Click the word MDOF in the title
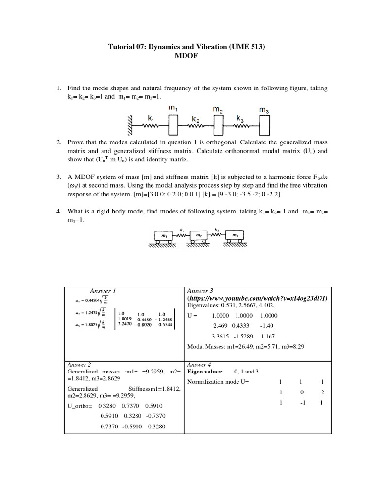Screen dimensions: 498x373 click(186, 56)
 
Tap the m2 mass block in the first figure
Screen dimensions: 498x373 click(218, 125)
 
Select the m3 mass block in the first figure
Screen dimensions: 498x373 click(264, 125)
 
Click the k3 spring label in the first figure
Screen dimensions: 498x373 click(240, 118)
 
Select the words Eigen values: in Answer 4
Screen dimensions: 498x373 click(205, 372)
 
